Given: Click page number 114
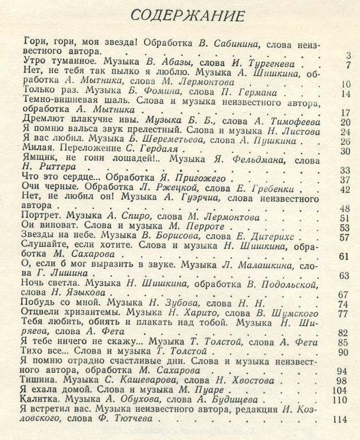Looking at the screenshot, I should [x=340, y=419].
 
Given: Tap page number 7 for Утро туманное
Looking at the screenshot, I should [x=347, y=65].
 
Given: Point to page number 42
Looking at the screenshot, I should [x=344, y=190].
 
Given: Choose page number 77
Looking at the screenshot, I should [x=343, y=313].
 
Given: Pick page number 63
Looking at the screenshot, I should [x=344, y=276].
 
